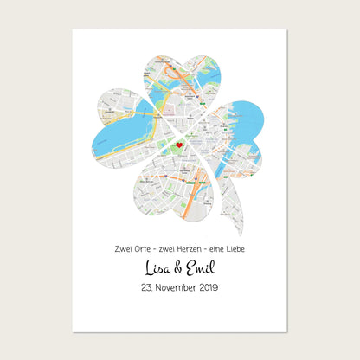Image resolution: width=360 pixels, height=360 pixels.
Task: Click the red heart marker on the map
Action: tap(179, 145)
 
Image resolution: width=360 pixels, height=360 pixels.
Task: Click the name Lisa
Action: tap(156, 267)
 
